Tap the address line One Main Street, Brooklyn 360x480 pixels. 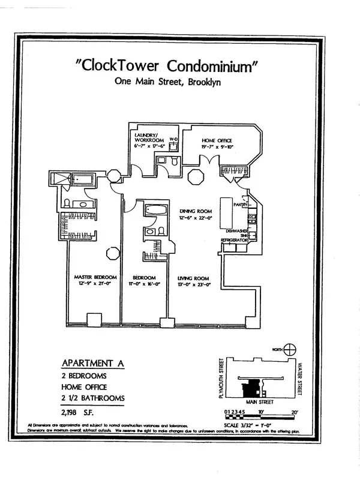(167, 83)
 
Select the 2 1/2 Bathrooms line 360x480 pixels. (94, 398)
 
